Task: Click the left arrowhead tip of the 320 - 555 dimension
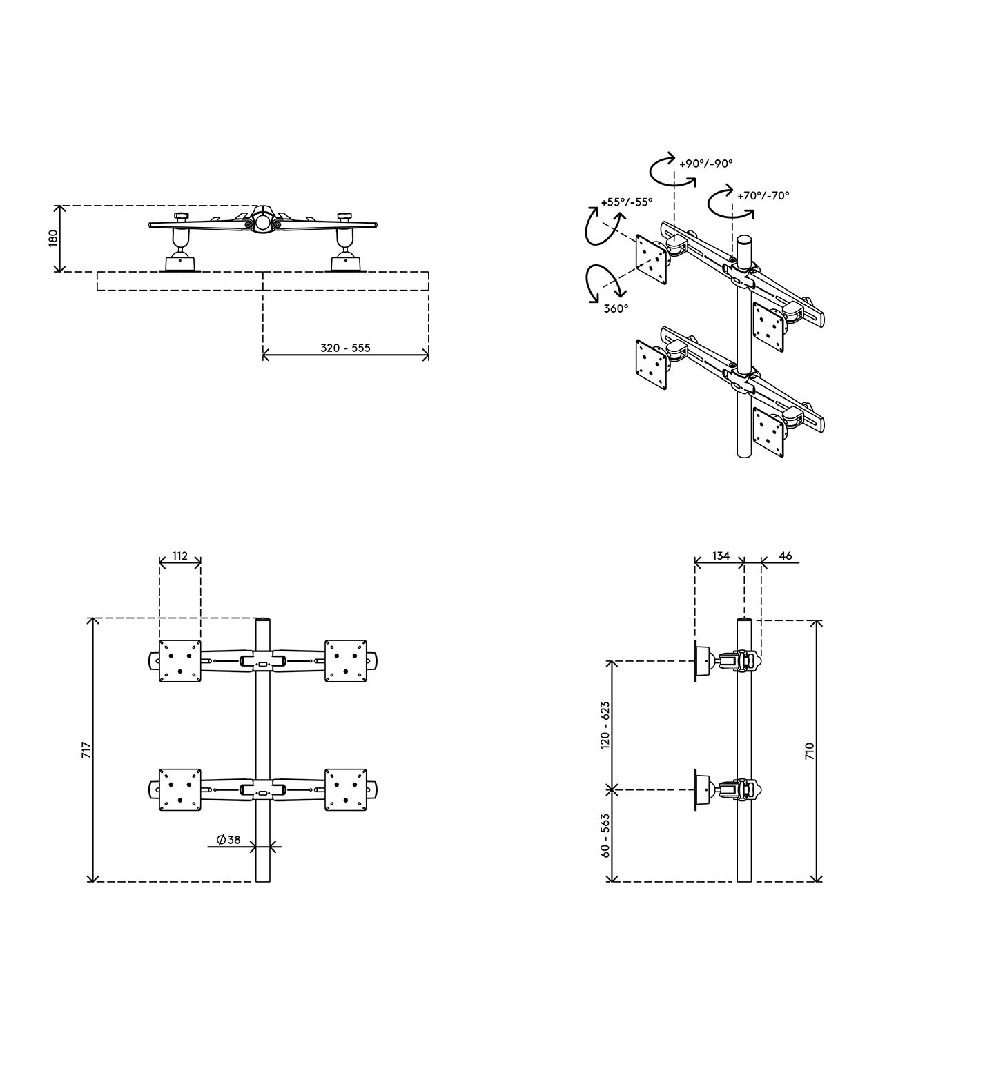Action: [263, 356]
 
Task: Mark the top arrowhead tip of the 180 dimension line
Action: [61, 206]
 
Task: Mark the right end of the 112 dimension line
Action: [201, 563]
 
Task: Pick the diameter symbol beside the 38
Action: [221, 840]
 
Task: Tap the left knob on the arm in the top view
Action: [182, 217]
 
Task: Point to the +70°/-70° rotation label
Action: [763, 195]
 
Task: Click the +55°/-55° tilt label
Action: [627, 202]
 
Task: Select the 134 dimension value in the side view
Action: [721, 556]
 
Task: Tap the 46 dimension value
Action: [785, 556]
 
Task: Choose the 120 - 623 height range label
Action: [605, 725]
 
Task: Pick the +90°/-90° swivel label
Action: [706, 164]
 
